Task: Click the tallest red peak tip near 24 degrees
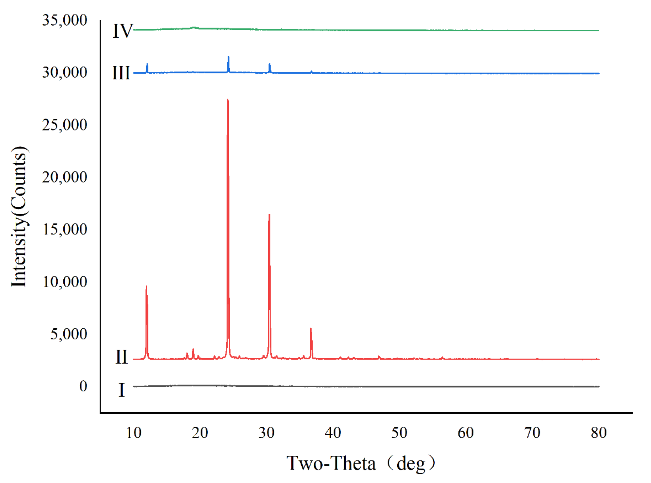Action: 228,100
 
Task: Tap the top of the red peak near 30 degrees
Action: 269,215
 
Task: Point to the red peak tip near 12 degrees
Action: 146,286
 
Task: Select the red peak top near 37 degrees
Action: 311,329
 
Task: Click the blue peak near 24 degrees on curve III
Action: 228,57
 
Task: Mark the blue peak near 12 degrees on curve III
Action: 147,64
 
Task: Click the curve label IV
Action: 123,31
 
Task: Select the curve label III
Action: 121,73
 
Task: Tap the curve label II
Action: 122,357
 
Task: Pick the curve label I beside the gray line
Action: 122,390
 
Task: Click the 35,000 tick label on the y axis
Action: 65,20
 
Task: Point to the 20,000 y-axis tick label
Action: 65,177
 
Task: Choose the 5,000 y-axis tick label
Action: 69,334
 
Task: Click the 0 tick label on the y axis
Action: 83,386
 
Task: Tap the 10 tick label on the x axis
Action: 134,433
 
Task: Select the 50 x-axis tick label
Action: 399,433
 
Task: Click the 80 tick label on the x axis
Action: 599,433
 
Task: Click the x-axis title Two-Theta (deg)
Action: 361,463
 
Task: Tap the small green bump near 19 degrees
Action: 193,28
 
